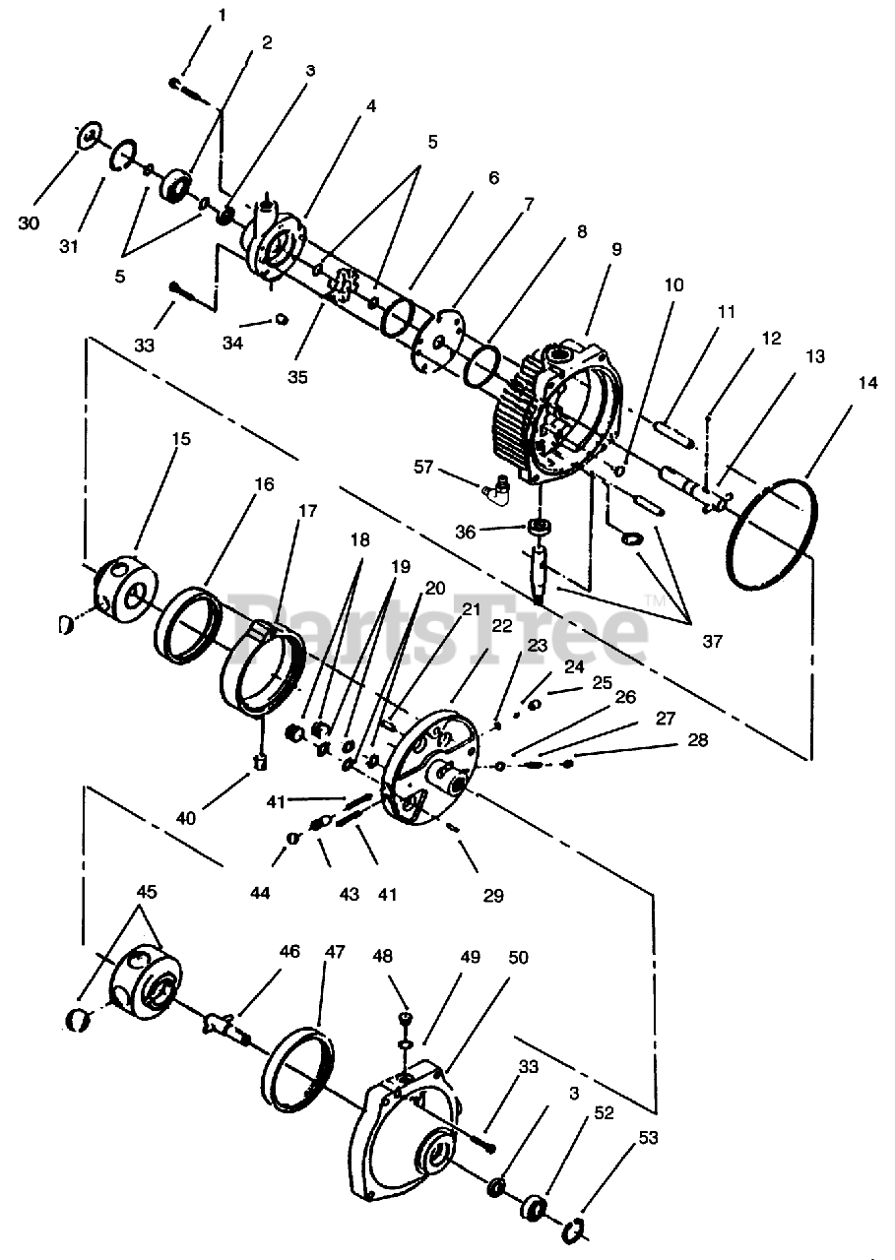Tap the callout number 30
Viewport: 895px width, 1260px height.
pyautogui.click(x=29, y=223)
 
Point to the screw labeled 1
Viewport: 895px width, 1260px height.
pyautogui.click(x=181, y=86)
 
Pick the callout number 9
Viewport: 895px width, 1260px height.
pyautogui.click(x=616, y=250)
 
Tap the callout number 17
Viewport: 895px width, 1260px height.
pyautogui.click(x=308, y=511)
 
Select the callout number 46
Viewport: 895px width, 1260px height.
pyautogui.click(x=289, y=952)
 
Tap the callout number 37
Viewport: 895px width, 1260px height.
pyautogui.click(x=712, y=641)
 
